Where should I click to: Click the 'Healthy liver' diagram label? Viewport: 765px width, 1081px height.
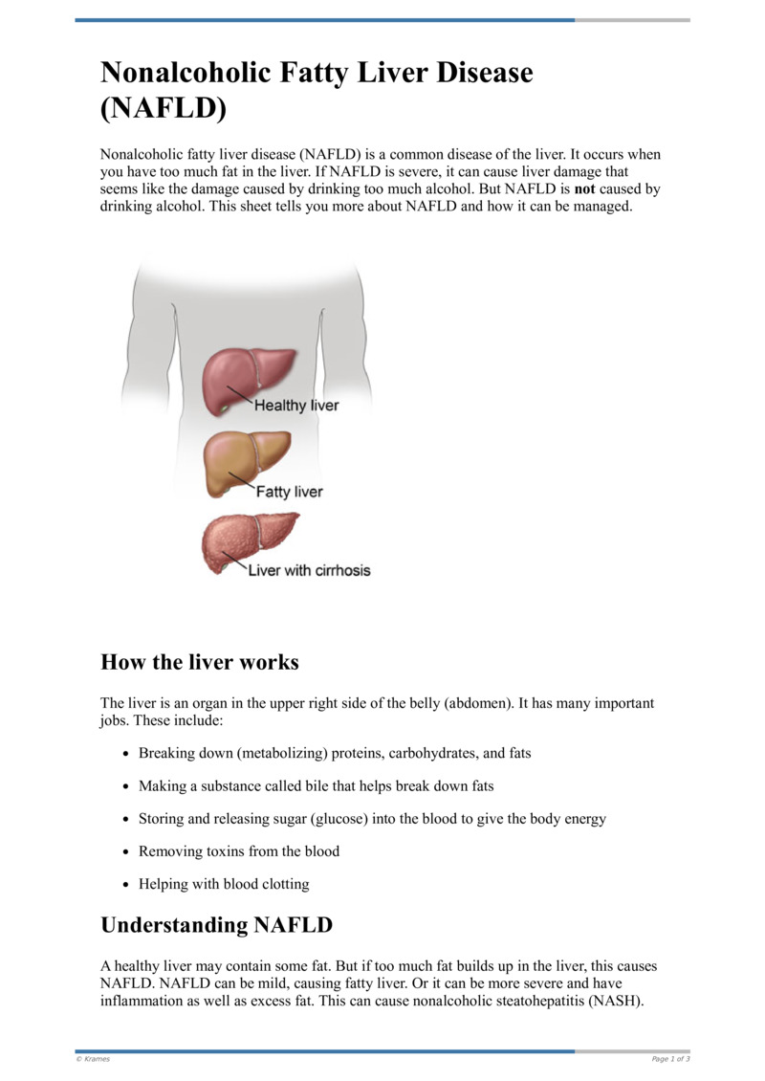pyautogui.click(x=295, y=406)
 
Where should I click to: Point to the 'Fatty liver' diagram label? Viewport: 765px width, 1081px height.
pyautogui.click(x=289, y=492)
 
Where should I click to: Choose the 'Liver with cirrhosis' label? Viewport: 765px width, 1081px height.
pyautogui.click(x=309, y=570)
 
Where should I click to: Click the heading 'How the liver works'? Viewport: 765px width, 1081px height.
pyautogui.click(x=199, y=662)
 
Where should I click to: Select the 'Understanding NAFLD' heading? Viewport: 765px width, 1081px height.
pyautogui.click(x=216, y=925)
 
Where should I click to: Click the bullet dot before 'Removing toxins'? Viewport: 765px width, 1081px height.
pyautogui.click(x=126, y=851)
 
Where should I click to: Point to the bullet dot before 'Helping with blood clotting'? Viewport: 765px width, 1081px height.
pyautogui.click(x=126, y=885)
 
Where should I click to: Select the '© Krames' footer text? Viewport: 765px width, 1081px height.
pyautogui.click(x=93, y=1059)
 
